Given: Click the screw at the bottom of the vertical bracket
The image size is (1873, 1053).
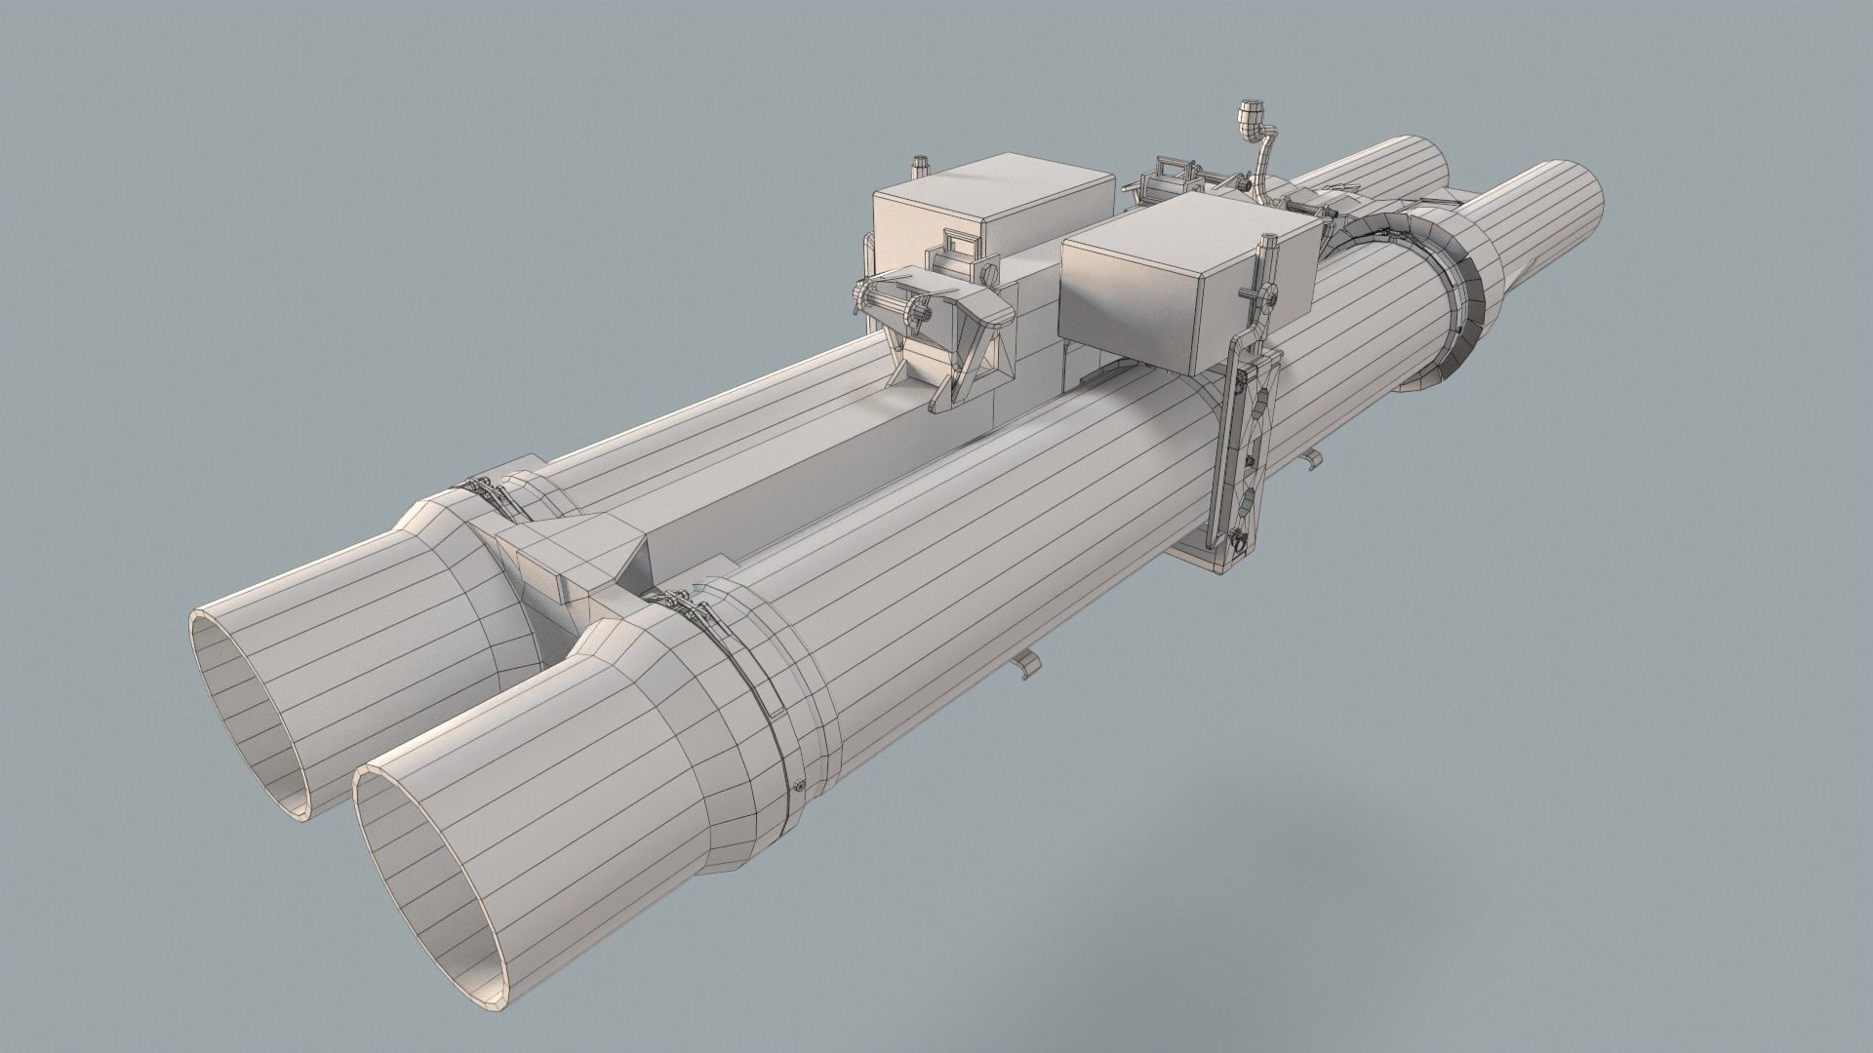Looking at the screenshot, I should click(x=1235, y=534).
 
